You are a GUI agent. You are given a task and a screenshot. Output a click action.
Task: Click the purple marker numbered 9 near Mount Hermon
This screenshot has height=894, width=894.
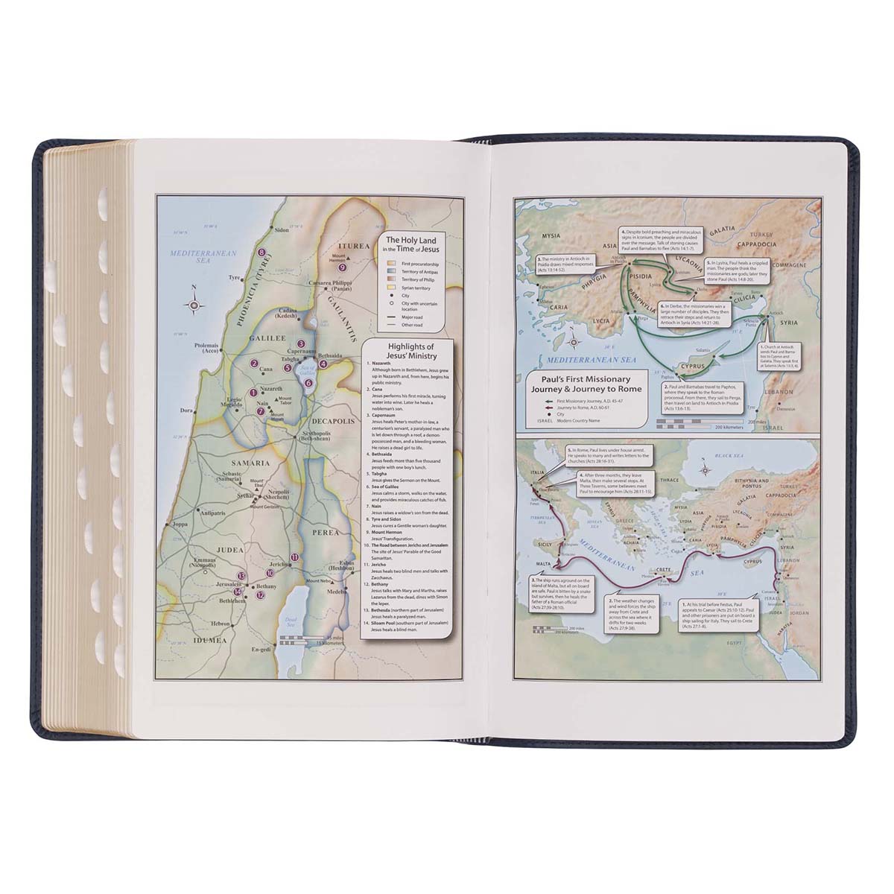tap(342, 267)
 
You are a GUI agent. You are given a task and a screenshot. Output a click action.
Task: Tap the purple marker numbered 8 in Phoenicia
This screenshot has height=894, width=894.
tap(261, 253)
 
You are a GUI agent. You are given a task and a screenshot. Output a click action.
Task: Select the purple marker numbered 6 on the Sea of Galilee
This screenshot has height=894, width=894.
tap(308, 383)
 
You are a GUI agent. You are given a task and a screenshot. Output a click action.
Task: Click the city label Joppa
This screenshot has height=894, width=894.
tap(180, 524)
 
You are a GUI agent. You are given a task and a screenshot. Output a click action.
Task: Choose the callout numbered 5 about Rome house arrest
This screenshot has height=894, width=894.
tap(609, 455)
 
